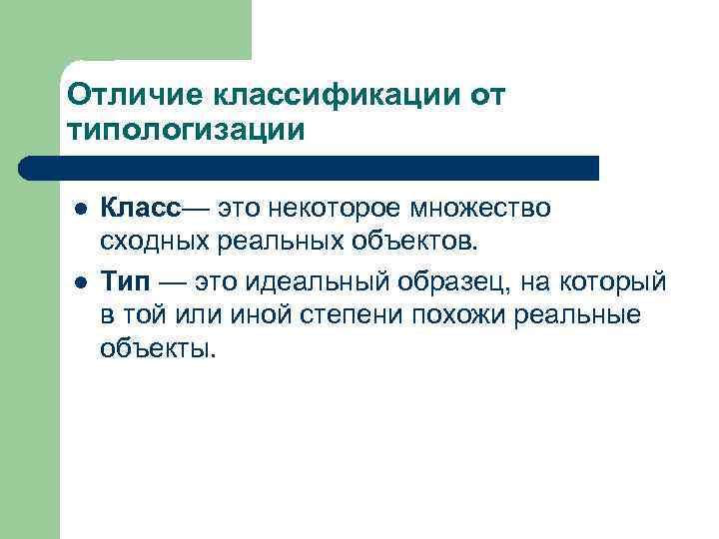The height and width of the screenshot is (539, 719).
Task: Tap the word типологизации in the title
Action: [x=183, y=129]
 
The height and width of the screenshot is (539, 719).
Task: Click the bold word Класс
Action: [x=141, y=210]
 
